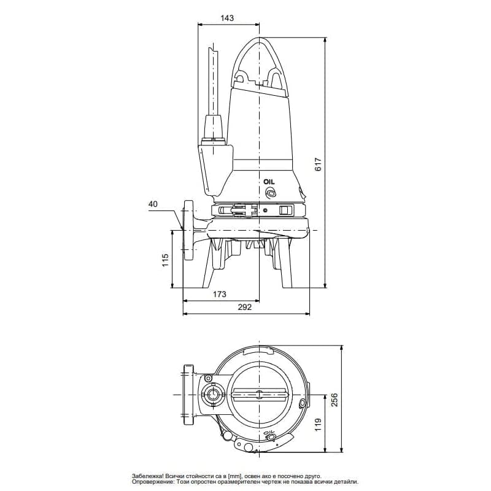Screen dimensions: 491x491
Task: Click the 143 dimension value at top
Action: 227,18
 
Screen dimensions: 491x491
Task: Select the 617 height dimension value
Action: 318,164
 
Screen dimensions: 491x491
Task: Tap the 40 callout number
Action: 153,204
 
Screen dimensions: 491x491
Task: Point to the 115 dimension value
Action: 165,260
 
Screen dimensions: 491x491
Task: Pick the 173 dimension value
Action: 220,294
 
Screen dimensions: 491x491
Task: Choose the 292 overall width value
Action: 244,307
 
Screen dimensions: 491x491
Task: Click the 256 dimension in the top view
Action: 334,400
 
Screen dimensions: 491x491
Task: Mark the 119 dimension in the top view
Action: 318,425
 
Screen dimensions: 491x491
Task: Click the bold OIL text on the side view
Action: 269,182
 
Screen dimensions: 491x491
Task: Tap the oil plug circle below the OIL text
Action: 270,193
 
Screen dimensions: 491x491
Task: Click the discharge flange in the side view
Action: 188,230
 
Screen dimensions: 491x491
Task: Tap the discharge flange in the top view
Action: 188,395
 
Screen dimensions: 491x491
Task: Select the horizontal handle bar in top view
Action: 259,395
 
